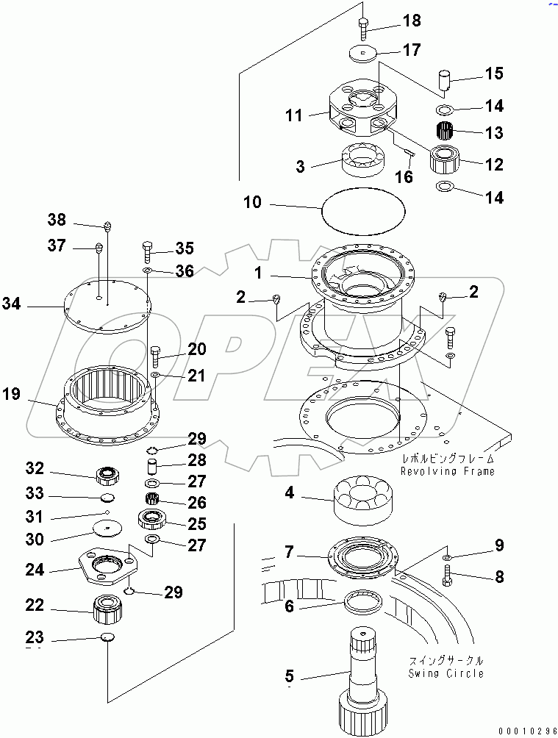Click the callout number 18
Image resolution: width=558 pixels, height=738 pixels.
point(412,21)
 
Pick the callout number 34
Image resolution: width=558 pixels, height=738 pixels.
point(11,303)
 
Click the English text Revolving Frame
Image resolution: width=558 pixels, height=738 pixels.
point(448,471)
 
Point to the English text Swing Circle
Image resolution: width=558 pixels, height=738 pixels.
point(446,673)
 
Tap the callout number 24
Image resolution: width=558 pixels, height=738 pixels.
point(35,570)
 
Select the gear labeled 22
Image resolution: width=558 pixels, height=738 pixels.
point(108,608)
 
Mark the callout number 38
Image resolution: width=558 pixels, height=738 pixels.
point(57,220)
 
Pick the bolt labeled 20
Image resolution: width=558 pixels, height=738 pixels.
point(155,358)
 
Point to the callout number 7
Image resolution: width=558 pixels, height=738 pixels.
point(290,551)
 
